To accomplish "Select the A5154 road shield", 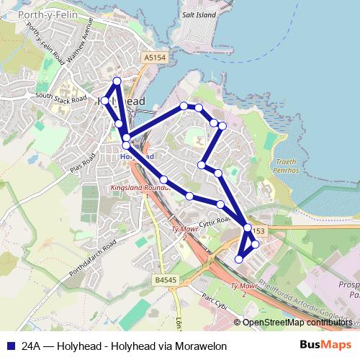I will (154, 57).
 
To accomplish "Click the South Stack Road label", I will (60, 97).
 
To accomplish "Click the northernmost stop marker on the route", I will (117, 80).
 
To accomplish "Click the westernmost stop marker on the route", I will (105, 100).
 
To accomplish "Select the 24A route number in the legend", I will (30, 346).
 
